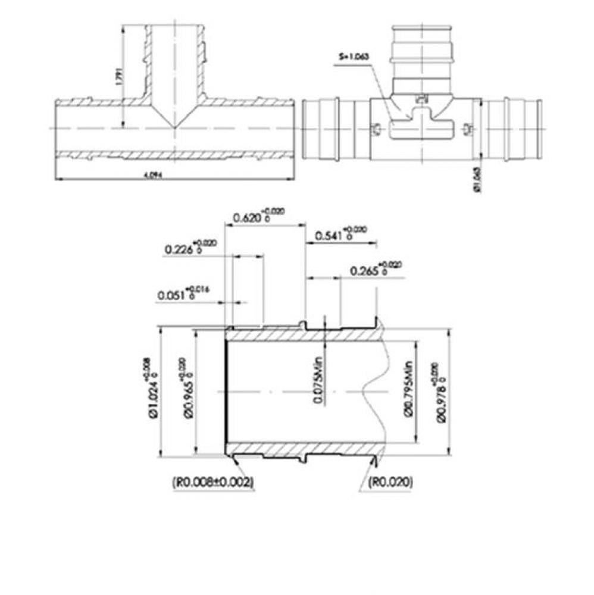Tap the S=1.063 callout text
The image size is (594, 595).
click(x=354, y=57)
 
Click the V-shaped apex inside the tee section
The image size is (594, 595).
click(x=173, y=126)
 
